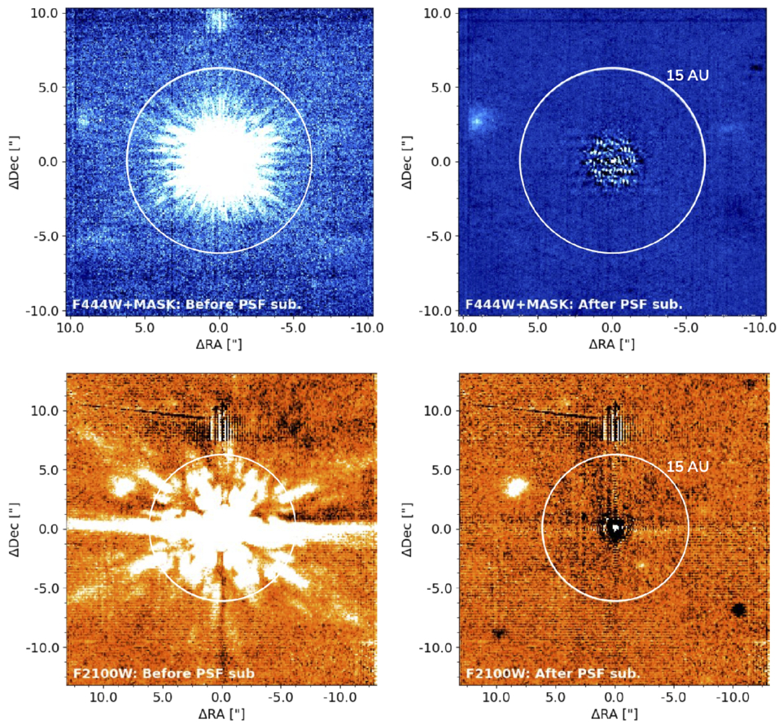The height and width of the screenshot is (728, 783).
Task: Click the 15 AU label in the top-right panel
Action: [688, 76]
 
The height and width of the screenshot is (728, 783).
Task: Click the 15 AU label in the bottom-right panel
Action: [688, 467]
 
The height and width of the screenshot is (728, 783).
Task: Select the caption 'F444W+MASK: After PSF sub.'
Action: [574, 304]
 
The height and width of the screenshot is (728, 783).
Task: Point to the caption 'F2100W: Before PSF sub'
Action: [163, 674]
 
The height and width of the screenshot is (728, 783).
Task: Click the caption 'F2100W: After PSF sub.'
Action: [553, 674]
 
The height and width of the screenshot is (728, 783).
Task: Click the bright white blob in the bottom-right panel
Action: [515, 488]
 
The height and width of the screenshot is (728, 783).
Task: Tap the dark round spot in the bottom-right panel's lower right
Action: [738, 609]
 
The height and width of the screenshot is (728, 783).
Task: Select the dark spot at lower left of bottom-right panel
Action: [497, 632]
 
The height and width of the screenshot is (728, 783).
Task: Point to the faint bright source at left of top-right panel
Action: [476, 121]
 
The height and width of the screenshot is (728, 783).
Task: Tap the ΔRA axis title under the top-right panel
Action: [610, 345]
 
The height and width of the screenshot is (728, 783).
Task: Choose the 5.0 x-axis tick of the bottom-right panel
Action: [556, 698]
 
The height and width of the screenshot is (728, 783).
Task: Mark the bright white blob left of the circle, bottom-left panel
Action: [124, 487]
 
